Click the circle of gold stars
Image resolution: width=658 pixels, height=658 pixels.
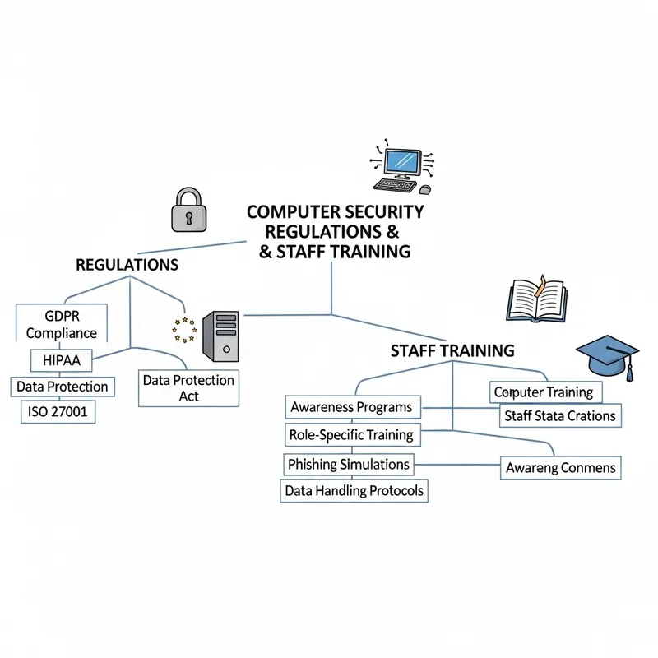tap(184, 330)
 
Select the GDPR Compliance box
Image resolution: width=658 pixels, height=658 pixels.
tap(61, 324)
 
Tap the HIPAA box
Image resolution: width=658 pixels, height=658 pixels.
tap(62, 359)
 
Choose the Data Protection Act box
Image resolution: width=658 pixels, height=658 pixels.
tap(188, 389)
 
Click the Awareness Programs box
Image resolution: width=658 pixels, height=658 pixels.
tap(351, 407)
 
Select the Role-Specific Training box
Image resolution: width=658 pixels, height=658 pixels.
tap(351, 433)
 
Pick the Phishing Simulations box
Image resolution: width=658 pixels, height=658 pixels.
tap(349, 465)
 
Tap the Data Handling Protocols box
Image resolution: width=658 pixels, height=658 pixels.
tap(354, 491)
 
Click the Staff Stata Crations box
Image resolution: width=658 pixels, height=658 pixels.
tap(558, 415)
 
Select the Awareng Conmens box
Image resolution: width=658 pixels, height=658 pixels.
tap(560, 468)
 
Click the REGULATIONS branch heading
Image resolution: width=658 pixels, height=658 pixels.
tap(127, 265)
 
